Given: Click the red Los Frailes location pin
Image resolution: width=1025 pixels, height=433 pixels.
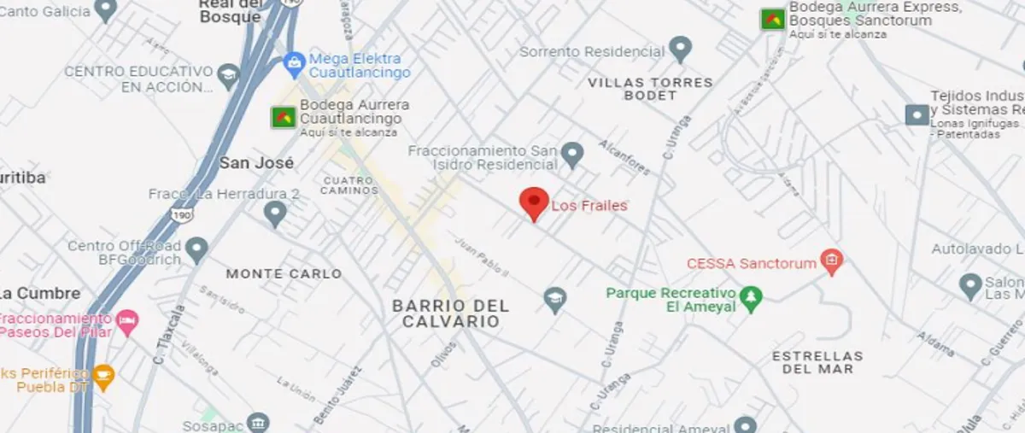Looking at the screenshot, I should click(x=534, y=202).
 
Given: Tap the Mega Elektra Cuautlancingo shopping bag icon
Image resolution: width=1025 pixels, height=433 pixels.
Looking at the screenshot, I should click(x=295, y=61).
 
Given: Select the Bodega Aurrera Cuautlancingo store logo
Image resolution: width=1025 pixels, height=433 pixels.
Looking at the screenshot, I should click(x=284, y=117).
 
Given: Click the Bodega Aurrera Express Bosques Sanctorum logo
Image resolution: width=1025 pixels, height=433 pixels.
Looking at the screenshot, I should click(x=773, y=19).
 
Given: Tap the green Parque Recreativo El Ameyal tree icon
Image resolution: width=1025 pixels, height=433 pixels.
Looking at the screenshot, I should click(x=751, y=298).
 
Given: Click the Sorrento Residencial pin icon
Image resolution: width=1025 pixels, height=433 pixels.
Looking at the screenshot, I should click(x=680, y=49).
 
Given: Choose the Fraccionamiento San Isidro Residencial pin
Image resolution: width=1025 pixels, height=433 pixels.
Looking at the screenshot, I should click(x=571, y=155).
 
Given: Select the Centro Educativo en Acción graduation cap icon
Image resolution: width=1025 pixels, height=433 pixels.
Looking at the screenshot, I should click(x=228, y=75).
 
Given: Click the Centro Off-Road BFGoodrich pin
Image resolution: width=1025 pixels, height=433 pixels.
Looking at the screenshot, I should click(x=196, y=249).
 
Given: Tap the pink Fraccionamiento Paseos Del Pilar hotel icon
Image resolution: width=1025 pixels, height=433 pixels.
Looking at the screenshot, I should click(x=127, y=322).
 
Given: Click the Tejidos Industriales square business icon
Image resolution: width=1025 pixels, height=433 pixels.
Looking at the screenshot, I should click(x=917, y=114).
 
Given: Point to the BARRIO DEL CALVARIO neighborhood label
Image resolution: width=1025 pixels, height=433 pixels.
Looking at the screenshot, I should click(x=450, y=313).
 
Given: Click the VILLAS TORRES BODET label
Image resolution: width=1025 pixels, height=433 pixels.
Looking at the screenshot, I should click(x=650, y=89).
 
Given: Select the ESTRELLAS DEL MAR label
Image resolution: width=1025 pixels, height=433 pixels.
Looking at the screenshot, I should click(x=817, y=362).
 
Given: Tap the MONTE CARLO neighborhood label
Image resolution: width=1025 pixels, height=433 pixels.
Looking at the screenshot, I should click(x=284, y=274).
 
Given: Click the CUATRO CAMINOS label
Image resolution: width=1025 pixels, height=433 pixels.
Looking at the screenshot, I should click(x=349, y=185).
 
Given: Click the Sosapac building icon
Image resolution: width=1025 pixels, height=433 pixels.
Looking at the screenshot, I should click(x=259, y=423).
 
